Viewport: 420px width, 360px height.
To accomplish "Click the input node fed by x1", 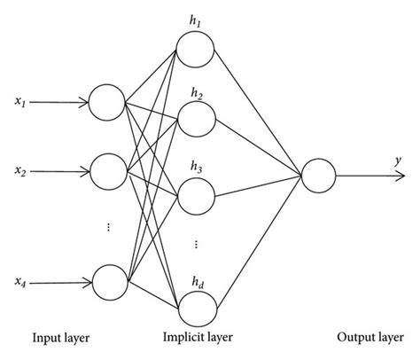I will point(108,105).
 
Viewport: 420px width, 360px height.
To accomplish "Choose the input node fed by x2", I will point(108,167).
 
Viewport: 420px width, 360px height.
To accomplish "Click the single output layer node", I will point(318,175).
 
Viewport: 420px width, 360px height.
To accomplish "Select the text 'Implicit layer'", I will point(196,337).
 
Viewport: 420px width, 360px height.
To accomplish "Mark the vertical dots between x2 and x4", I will point(108,227).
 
